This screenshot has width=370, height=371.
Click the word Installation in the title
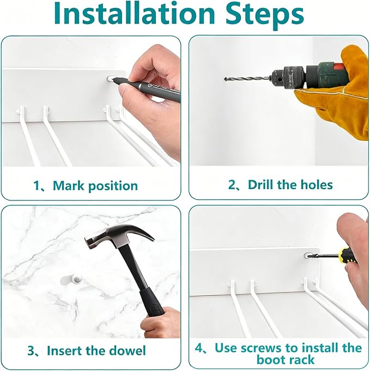(134, 13)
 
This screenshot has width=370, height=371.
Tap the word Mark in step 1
(69, 185)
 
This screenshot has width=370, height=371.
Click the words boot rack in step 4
(286, 360)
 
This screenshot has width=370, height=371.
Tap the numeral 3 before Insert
(31, 351)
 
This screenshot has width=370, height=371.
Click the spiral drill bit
(247, 78)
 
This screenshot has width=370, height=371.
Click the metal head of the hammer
(118, 236)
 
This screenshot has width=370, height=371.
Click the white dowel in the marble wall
(77, 278)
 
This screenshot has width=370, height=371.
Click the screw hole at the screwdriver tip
(307, 256)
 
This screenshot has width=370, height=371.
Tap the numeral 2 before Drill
(232, 185)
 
